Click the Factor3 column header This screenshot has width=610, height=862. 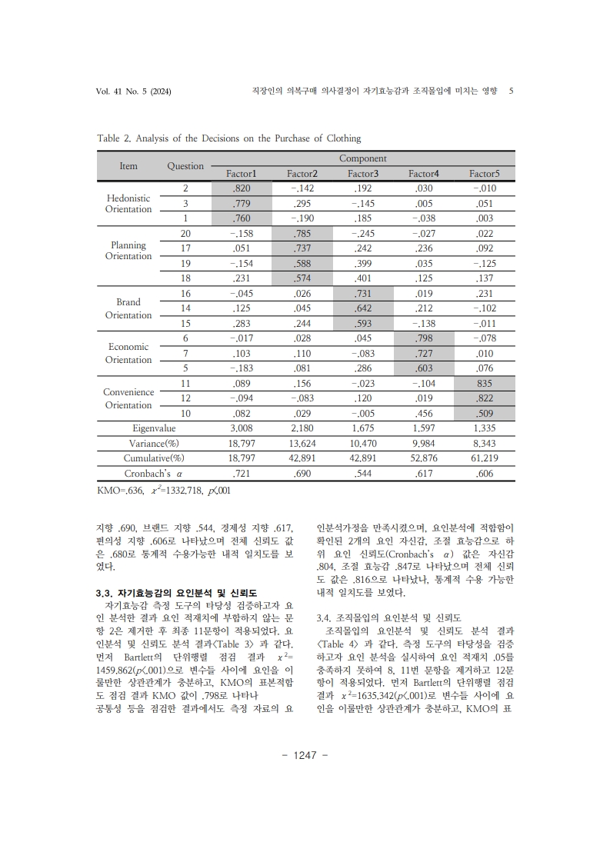click(x=362, y=174)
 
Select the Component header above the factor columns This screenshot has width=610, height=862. click(x=362, y=158)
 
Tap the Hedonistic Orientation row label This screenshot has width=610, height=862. click(x=128, y=203)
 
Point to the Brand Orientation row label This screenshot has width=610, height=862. click(x=128, y=309)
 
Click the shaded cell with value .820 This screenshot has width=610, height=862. click(x=241, y=188)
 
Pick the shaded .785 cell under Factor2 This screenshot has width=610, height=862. click(x=302, y=233)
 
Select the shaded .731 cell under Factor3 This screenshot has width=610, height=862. click(x=362, y=294)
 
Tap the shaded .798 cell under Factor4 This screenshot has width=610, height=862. click(x=423, y=338)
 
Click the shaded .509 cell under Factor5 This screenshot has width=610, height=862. click(x=484, y=414)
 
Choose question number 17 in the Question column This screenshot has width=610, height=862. click(x=185, y=248)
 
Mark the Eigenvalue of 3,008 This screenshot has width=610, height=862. click(x=242, y=428)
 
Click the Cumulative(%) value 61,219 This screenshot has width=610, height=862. click(x=484, y=458)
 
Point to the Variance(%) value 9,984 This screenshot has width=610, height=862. click(x=423, y=444)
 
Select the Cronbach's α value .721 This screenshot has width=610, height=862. click(x=242, y=474)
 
